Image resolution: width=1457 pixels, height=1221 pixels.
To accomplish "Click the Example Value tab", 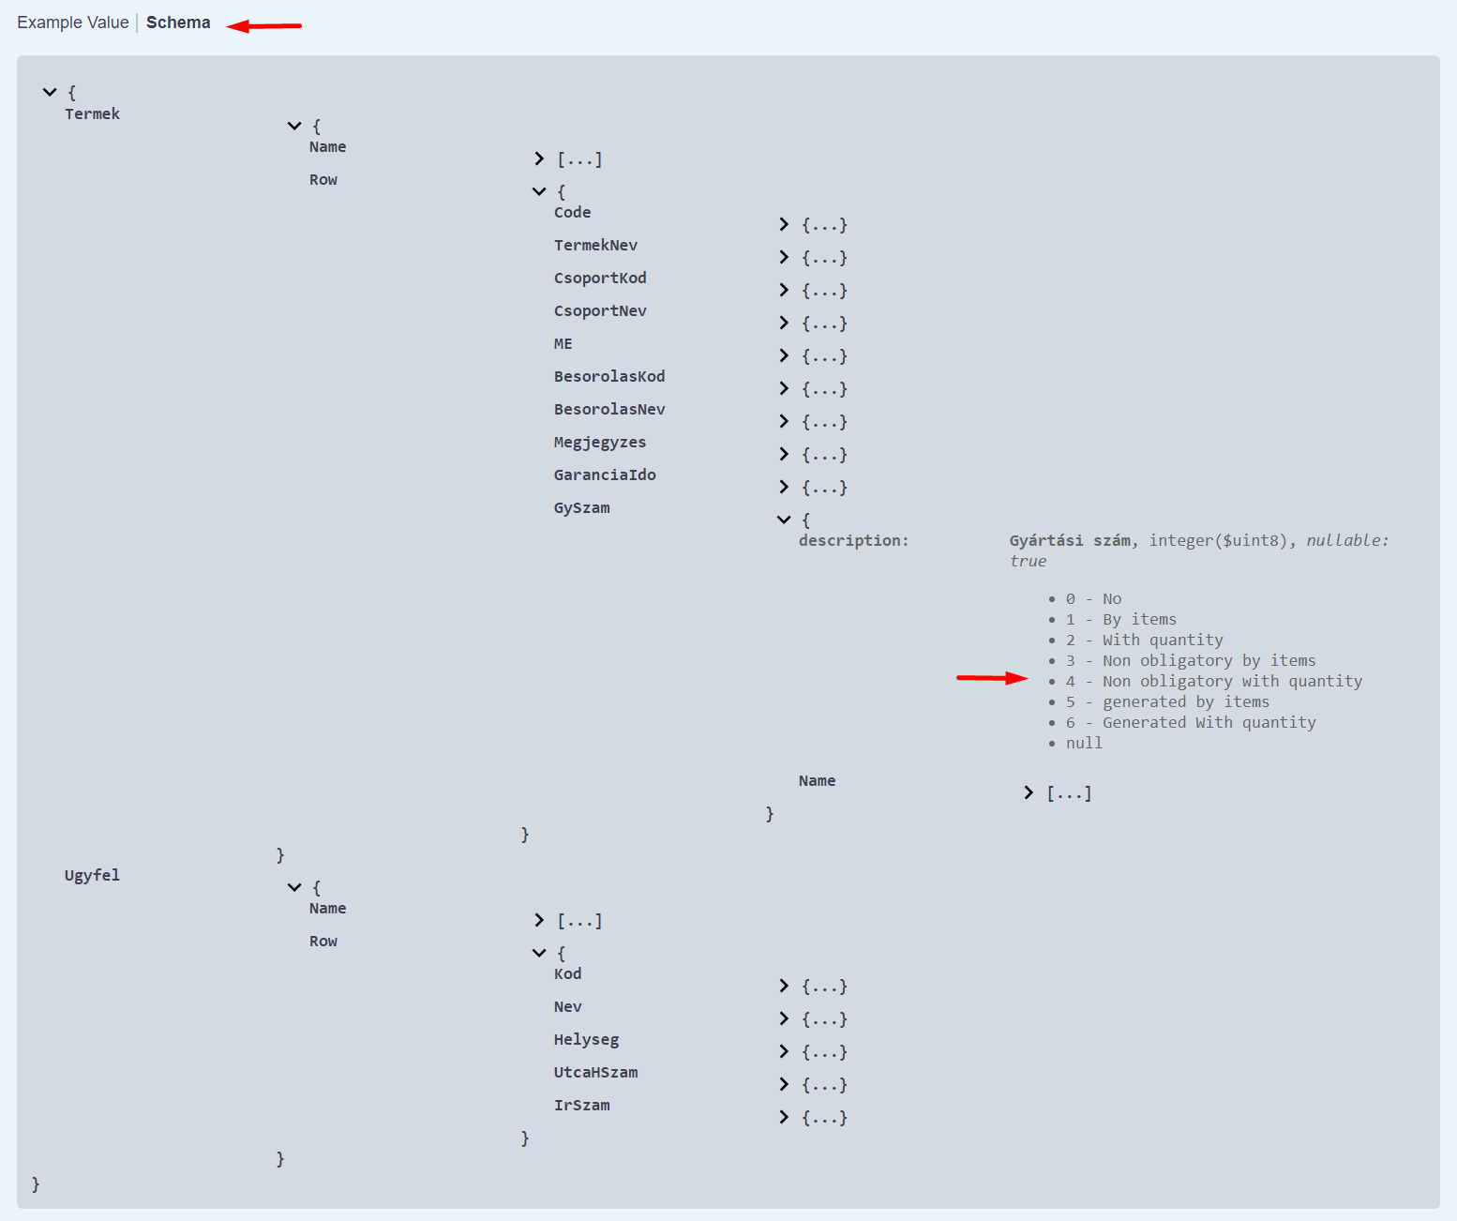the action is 72,23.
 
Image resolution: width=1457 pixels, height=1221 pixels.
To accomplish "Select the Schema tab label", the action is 178,23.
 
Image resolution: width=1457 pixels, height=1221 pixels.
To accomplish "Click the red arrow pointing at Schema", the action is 263,26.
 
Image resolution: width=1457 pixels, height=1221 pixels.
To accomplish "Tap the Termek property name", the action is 92,113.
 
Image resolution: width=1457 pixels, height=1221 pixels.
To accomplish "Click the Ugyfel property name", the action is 92,876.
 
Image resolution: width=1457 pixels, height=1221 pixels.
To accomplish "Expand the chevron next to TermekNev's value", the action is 784,258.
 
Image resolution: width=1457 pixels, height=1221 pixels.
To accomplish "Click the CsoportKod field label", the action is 600,278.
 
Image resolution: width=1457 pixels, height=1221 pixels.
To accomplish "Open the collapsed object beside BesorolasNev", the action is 784,422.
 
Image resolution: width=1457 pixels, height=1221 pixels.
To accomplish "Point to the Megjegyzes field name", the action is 600,442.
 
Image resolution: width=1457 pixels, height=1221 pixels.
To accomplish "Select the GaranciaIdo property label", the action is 605,475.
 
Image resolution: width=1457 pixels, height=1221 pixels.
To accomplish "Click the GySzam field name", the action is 582,507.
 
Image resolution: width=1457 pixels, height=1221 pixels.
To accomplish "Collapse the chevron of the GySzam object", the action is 784,520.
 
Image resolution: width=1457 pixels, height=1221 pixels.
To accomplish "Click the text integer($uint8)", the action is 1218,540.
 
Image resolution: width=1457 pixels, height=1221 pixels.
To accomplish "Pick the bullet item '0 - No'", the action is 1093,599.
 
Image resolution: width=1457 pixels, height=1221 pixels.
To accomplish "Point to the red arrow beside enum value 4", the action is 992,678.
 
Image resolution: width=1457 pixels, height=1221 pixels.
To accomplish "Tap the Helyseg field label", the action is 586,1039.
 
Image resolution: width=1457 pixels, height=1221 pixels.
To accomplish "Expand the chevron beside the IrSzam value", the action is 784,1117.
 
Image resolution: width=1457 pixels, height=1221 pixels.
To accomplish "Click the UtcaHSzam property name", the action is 596,1072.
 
